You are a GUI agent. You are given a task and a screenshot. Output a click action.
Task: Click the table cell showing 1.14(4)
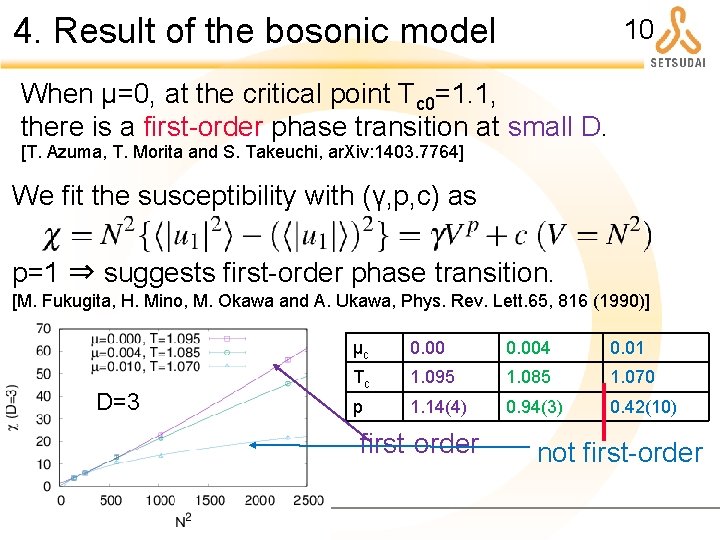[x=437, y=407]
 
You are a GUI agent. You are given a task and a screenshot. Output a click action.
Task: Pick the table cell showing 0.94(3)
[x=534, y=407]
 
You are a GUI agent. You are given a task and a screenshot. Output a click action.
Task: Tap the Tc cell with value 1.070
[x=633, y=378]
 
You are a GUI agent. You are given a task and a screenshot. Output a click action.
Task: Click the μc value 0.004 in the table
[x=527, y=349]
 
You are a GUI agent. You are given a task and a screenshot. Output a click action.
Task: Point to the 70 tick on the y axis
[x=45, y=328]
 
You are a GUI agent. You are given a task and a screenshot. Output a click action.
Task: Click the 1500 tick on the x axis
[x=210, y=501]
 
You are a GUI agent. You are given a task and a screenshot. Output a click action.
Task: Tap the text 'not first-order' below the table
[x=619, y=453]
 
